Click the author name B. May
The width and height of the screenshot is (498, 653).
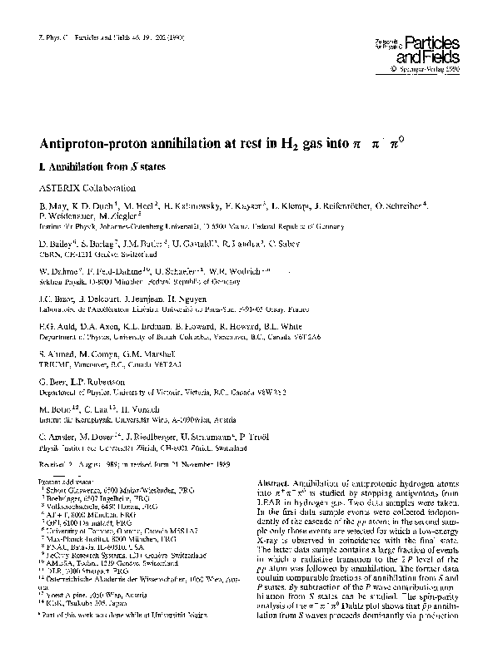click(51, 205)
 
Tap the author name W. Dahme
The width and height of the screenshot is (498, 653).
click(57, 271)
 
